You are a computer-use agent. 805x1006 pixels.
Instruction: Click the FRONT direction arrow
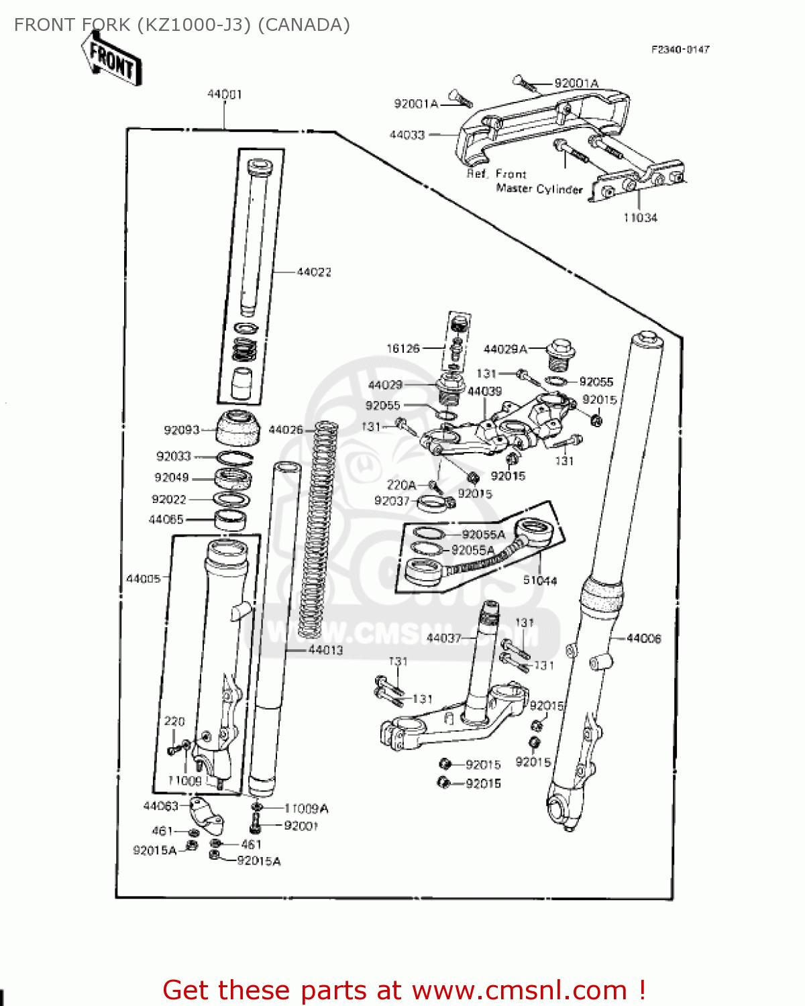[x=112, y=59]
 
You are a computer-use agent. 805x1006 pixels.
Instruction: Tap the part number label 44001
[x=224, y=95]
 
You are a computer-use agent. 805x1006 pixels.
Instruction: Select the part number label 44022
[x=314, y=272]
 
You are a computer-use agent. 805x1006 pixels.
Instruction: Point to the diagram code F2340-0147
[x=680, y=50]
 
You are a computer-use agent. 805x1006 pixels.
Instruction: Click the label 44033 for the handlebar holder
[x=407, y=135]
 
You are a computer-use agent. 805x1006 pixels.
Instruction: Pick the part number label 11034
[x=640, y=218]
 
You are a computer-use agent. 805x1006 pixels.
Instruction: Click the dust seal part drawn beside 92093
[x=238, y=427]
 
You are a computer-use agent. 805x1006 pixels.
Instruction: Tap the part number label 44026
[x=286, y=430]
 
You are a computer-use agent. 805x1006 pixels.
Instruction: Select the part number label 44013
[x=325, y=650]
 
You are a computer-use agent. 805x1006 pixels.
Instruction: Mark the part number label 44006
[x=643, y=638]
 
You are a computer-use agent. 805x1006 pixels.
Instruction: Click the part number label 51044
[x=540, y=581]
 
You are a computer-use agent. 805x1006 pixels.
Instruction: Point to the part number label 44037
[x=444, y=638]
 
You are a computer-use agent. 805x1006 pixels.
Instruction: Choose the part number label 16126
[x=403, y=349]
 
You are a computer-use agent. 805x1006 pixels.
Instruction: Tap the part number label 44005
[x=144, y=579]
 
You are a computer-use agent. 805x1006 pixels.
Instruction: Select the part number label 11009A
[x=306, y=809]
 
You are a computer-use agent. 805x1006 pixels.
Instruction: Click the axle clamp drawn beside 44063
[x=204, y=813]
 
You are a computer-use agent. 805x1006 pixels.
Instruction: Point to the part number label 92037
[x=392, y=501]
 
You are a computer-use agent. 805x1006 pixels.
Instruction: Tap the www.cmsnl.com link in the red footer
[x=519, y=990]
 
